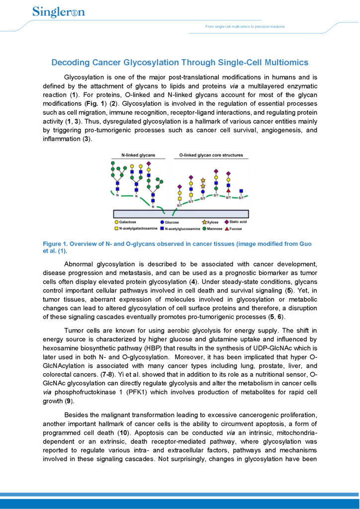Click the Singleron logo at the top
click(58, 11)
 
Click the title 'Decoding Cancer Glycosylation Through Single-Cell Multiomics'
click(180, 63)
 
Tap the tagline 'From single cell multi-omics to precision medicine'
click(245, 26)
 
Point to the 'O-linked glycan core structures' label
click(211, 155)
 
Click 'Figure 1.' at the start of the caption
click(55, 244)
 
